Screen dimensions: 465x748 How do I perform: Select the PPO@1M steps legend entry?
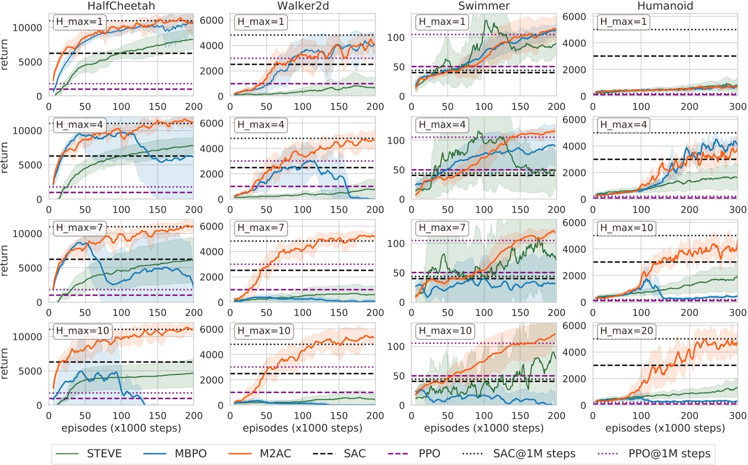[655, 454]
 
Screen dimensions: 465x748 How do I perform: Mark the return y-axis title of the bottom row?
[7, 363]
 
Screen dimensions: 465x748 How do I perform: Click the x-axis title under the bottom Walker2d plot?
[302, 428]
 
